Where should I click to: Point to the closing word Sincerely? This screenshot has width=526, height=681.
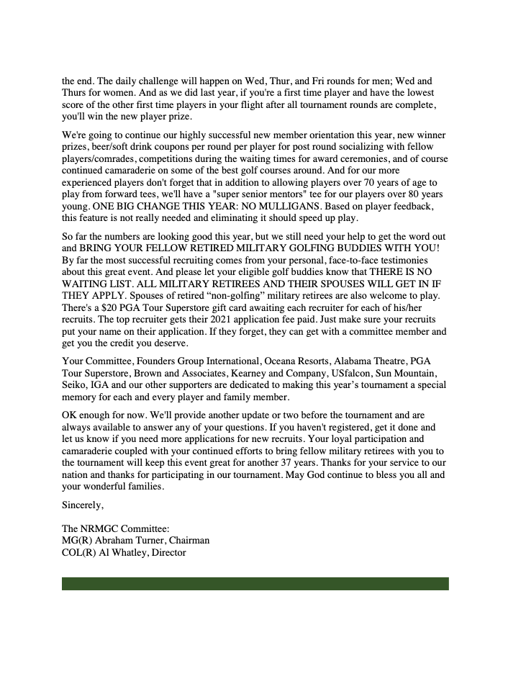pos(83,506)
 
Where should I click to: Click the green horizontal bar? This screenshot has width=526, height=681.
pos(255,583)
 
